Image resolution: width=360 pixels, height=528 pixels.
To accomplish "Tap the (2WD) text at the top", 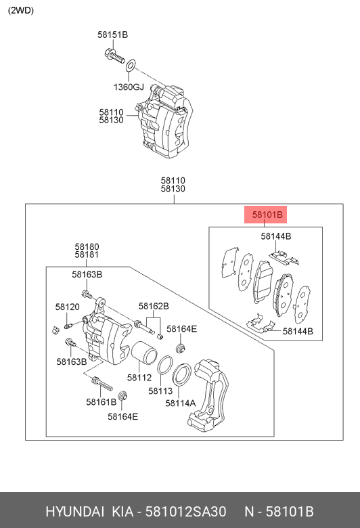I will click(21, 10).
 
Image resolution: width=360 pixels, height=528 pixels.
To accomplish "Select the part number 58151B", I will click(112, 35).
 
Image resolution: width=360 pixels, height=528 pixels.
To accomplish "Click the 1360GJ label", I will click(129, 87).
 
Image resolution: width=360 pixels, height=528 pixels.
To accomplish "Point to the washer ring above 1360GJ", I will click(131, 65).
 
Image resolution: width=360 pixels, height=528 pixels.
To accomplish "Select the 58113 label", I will click(160, 391).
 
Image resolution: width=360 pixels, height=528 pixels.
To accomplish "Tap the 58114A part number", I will click(180, 403).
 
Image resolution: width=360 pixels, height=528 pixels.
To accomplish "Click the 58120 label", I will click(68, 307).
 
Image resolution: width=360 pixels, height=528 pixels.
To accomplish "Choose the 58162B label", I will click(154, 306).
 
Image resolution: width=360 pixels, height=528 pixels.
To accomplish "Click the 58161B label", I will click(101, 401).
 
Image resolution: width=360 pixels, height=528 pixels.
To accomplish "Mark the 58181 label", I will click(87, 256).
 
